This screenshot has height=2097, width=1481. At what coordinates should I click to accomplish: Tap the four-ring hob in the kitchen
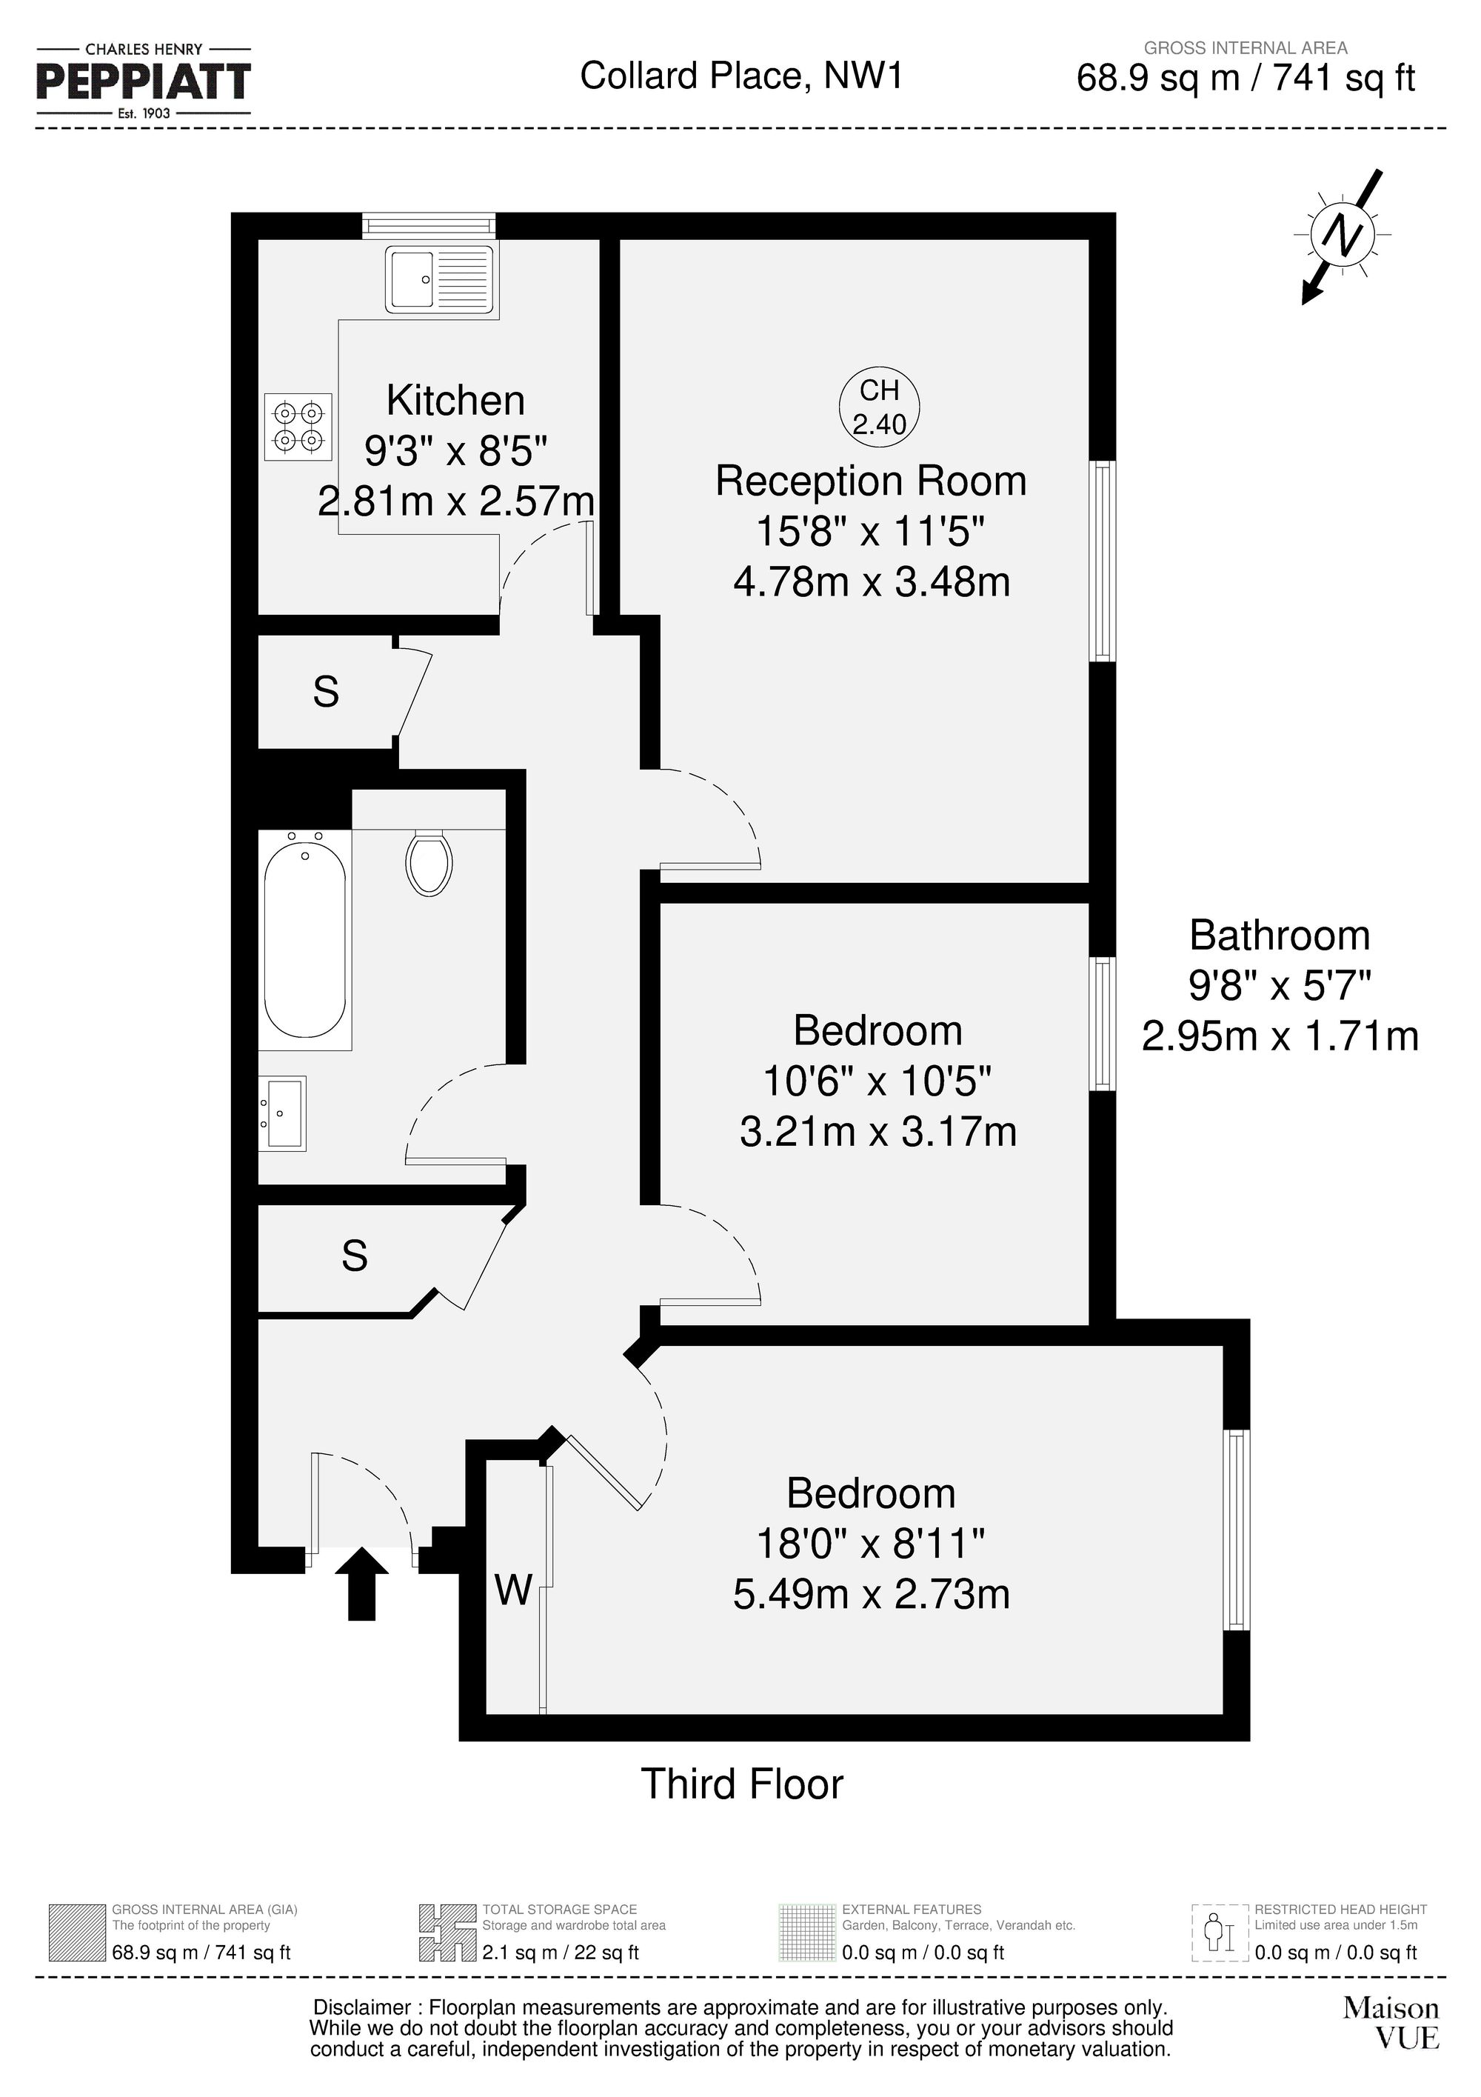pos(298,427)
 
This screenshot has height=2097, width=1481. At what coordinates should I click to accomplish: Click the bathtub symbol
pos(305,940)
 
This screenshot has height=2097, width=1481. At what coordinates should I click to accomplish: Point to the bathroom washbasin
pos(283,1113)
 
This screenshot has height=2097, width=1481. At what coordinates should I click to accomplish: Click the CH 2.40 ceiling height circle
pos(879,407)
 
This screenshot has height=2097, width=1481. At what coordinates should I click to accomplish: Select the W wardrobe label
pos(513,1590)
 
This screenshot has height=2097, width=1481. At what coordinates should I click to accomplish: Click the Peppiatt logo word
pos(144,82)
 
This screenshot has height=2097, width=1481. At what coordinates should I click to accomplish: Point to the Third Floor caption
pos(741,1784)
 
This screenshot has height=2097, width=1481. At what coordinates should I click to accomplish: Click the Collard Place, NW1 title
pos(741,76)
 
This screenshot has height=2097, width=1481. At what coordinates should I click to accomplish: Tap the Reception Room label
pos(871,481)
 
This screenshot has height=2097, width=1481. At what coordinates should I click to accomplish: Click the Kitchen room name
pos(455,401)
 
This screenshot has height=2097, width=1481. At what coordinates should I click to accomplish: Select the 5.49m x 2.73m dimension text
pos(871,1595)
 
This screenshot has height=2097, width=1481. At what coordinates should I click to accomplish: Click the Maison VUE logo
pos(1391,2023)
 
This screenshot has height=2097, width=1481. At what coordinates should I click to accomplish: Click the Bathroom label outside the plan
pos(1279,936)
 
